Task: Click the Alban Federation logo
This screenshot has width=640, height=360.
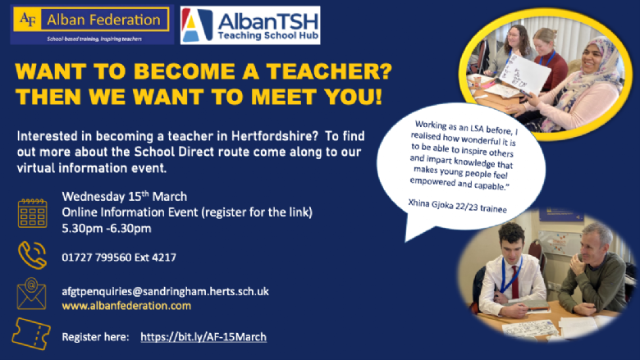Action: pos(92,25)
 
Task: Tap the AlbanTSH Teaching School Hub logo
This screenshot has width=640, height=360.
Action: pos(250,25)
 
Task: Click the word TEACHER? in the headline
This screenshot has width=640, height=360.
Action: pos(329,71)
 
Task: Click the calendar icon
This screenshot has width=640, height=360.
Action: pos(33,213)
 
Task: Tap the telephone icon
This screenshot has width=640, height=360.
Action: pos(32,255)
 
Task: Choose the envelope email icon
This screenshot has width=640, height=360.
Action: pos(31,294)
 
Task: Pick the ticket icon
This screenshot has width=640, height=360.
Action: pos(31,335)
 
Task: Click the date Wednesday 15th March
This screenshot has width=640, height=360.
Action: pos(125,197)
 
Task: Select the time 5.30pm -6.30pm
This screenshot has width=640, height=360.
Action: pos(107,228)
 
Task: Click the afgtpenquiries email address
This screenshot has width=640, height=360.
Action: pos(165,291)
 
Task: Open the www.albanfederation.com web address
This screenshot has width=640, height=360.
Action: pos(126,306)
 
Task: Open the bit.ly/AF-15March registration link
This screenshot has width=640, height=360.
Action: pos(203,337)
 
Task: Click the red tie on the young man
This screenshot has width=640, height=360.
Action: pos(515,282)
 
